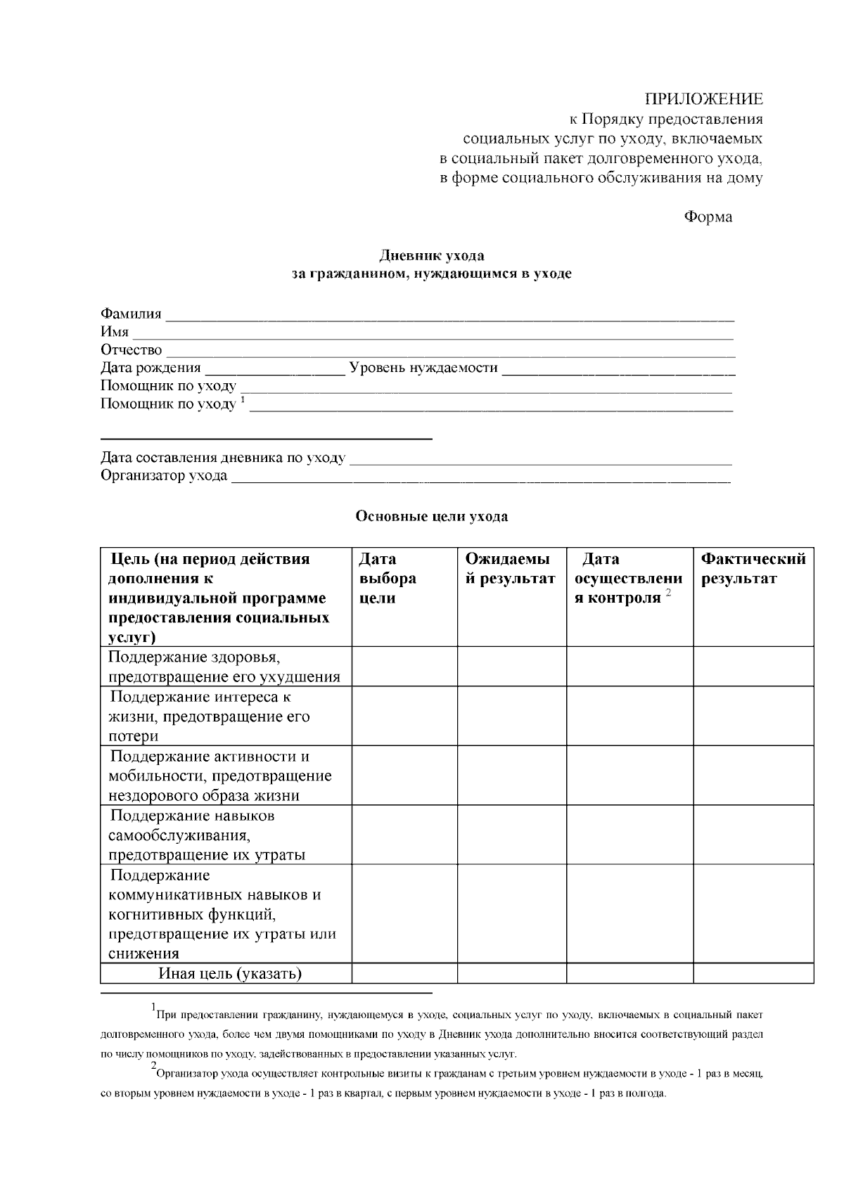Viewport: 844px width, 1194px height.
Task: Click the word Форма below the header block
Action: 708,217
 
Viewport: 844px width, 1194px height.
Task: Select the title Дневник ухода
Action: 432,255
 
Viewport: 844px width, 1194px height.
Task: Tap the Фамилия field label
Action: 131,314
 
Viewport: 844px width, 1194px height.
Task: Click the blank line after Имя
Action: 433,335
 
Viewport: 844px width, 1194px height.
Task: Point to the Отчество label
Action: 131,350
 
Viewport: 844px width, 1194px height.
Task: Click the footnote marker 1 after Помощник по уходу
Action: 243,400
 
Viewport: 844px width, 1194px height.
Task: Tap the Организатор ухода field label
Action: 164,476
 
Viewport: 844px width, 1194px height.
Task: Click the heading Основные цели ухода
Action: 432,517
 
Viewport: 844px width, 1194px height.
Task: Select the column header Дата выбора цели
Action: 387,579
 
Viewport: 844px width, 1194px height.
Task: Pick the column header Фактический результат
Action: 753,569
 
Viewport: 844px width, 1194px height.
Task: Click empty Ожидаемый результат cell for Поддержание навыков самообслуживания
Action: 511,835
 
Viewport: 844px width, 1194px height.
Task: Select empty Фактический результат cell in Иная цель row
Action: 753,974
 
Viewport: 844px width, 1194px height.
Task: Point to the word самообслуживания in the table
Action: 179,835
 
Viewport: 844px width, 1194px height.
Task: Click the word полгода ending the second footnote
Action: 646,1094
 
